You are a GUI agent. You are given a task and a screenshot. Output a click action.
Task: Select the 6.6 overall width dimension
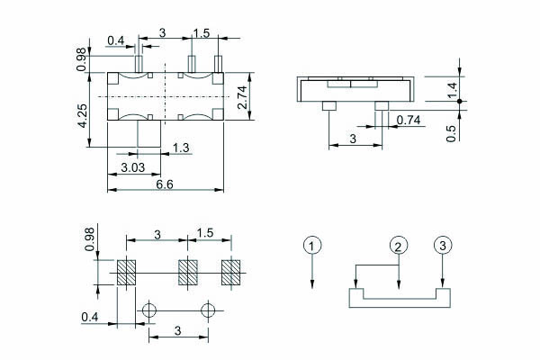tap(165, 185)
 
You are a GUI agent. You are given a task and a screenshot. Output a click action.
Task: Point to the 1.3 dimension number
tap(181, 148)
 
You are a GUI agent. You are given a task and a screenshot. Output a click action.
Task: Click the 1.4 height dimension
tap(453, 88)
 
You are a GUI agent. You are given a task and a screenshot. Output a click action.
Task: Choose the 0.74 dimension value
tap(408, 120)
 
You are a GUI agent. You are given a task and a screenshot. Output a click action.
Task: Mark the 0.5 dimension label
tap(452, 131)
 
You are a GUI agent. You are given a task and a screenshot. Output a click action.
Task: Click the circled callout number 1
tap(311, 246)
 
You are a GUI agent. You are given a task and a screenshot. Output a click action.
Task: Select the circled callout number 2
tap(400, 246)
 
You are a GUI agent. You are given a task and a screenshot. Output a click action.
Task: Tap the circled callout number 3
tap(442, 246)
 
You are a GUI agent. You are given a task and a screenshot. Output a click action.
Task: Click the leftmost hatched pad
tap(125, 272)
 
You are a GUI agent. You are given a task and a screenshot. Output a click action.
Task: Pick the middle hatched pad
tap(187, 272)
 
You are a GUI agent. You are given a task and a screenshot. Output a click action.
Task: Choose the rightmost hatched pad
tap(232, 272)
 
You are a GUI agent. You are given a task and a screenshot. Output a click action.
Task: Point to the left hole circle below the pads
tap(148, 310)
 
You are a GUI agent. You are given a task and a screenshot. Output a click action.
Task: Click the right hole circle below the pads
tap(210, 310)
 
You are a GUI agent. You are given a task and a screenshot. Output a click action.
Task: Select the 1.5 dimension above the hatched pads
tap(204, 234)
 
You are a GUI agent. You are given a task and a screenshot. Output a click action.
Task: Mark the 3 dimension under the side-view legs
tap(353, 138)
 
